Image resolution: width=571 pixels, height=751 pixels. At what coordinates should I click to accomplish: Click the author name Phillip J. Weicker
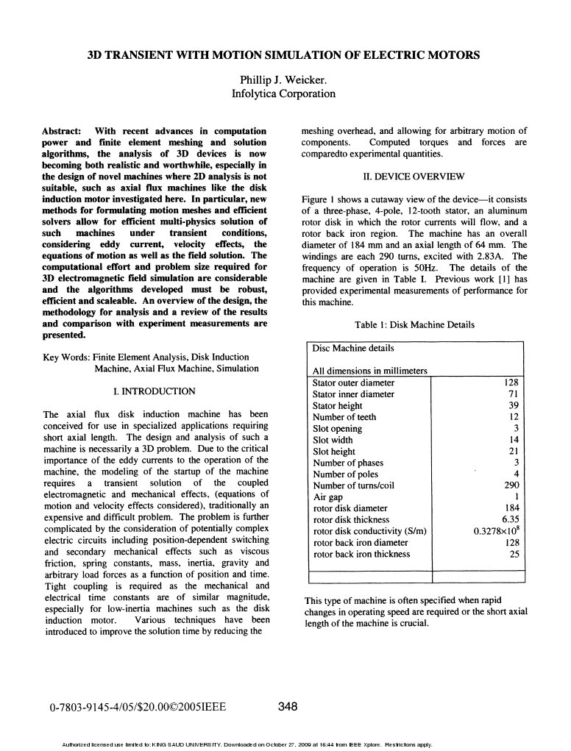(284, 79)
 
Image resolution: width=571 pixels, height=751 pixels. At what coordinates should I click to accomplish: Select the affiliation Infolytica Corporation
(284, 93)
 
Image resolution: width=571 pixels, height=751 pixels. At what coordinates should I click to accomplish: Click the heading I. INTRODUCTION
(155, 391)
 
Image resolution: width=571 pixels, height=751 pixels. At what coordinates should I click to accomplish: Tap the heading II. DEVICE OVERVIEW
(414, 176)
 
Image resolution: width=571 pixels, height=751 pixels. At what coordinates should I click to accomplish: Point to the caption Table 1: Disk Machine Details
(414, 324)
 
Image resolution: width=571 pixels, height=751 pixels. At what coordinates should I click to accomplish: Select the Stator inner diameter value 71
(514, 394)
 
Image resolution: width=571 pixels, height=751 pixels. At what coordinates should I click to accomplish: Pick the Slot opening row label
(337, 429)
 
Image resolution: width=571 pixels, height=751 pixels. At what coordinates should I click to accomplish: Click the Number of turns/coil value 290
(511, 486)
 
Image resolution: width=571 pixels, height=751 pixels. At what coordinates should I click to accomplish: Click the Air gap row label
(328, 497)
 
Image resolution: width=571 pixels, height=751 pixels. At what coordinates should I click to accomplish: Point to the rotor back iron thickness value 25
(514, 555)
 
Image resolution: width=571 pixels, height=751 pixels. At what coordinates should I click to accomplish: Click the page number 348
(288, 708)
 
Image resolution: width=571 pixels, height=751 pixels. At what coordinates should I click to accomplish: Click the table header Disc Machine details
(352, 348)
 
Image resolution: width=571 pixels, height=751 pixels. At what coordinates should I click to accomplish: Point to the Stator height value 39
(514, 405)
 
